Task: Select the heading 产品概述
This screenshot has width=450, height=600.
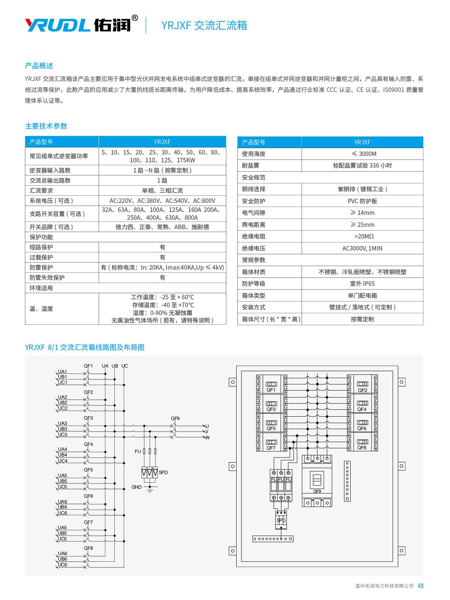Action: pos(39,66)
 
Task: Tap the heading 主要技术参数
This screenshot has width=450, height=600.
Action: pos(46,126)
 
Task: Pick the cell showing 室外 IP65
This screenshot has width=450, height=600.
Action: pos(362,284)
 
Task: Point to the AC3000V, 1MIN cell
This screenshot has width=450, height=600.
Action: pos(362,248)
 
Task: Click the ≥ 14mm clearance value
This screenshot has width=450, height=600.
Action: pos(362,213)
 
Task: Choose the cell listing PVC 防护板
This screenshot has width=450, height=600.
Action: pos(362,201)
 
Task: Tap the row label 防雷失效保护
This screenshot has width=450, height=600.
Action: pos(47,278)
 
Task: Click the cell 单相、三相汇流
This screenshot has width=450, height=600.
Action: pos(162,191)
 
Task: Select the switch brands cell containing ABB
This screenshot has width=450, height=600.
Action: pos(162,227)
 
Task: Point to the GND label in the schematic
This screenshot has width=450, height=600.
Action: pos(136,487)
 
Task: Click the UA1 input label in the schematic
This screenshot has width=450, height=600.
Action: pos(62,372)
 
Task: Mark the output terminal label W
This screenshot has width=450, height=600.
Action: pos(207,438)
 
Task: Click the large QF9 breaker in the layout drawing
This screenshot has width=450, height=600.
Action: pos(317,481)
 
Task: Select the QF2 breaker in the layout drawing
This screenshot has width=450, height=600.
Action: pos(362,384)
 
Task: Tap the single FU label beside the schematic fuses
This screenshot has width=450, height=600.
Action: pos(138,451)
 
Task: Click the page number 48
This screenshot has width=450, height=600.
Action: pos(420,586)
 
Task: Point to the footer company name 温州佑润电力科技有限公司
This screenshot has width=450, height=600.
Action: pos(384,586)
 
